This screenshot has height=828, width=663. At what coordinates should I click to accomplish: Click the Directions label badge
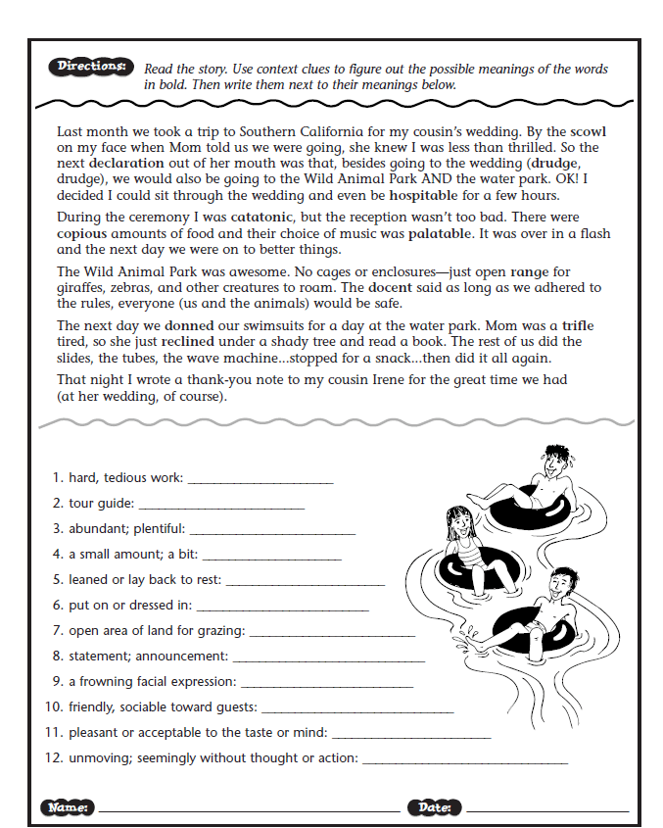[89, 68]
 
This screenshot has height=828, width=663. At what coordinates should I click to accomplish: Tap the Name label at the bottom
[68, 807]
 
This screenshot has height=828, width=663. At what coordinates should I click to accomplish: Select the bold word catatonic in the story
[259, 217]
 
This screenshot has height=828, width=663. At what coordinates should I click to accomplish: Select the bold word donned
[191, 324]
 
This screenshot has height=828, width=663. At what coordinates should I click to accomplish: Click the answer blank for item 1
[260, 480]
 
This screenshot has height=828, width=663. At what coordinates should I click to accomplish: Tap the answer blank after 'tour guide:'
[221, 506]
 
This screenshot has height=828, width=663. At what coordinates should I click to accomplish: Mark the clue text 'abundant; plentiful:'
[126, 528]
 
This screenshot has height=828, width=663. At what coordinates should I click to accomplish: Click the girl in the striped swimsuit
[462, 549]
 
